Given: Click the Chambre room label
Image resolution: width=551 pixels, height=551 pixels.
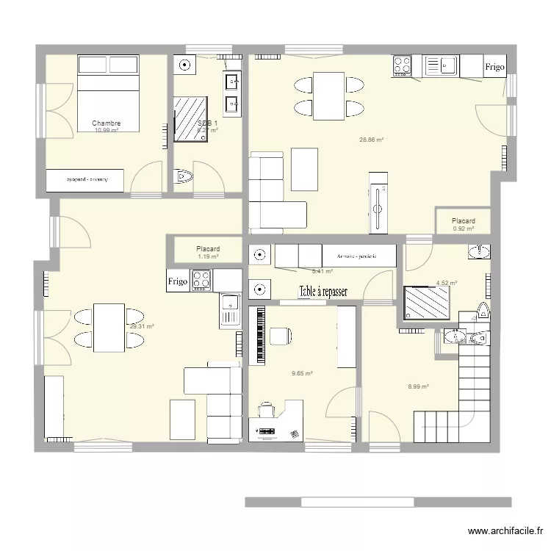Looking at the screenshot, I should (107, 123).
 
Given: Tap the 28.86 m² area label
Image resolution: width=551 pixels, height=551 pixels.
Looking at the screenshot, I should (372, 139).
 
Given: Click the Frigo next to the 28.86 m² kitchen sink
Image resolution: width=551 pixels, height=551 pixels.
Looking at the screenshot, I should (494, 67).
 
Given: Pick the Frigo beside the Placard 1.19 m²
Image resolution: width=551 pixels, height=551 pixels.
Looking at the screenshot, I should (177, 281).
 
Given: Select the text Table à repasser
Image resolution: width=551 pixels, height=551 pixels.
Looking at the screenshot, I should (323, 291).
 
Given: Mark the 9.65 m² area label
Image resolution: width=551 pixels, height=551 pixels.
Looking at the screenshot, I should (302, 373).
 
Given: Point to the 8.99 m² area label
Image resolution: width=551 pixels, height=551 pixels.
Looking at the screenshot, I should (418, 386).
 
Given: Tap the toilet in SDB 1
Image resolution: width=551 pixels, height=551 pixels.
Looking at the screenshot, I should (183, 177).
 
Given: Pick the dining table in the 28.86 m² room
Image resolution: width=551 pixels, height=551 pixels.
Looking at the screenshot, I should (328, 96).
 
